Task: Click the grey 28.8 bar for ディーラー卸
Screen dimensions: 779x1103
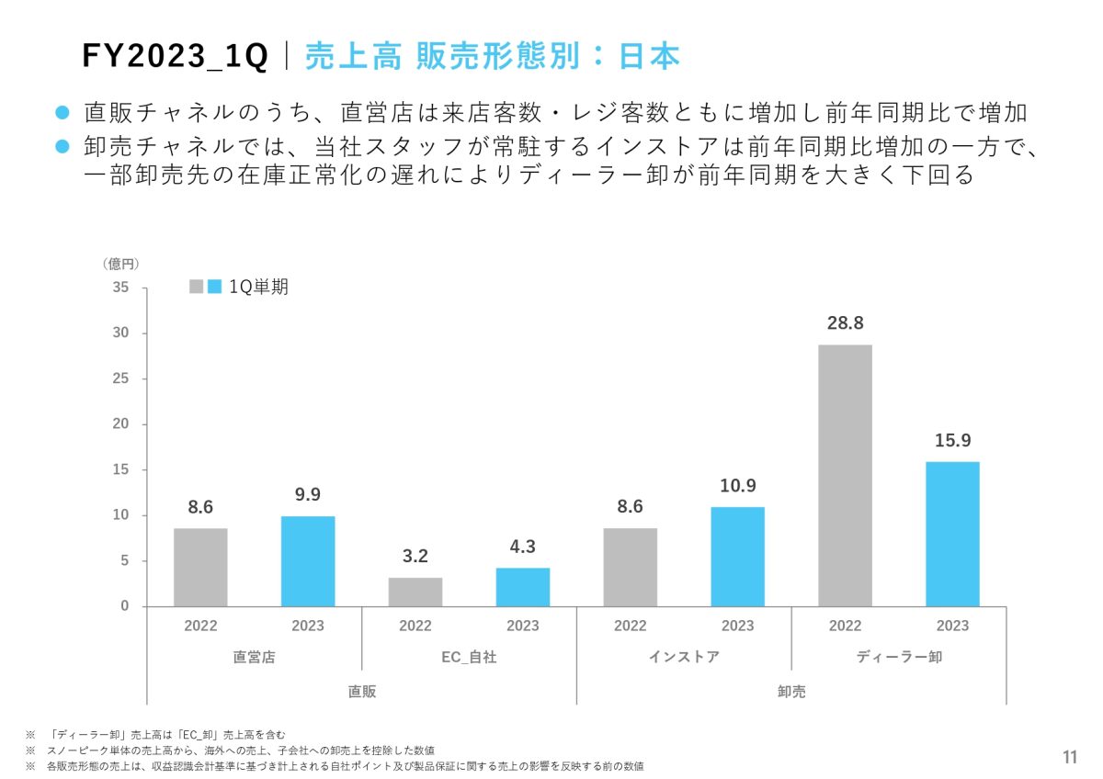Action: point(845,475)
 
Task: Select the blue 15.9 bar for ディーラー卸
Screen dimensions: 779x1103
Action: point(952,534)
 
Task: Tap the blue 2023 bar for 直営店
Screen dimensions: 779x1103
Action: point(308,561)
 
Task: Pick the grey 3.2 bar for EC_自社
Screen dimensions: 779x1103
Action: point(415,592)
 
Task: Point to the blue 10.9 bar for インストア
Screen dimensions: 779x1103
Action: point(737,557)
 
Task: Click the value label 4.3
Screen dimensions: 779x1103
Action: point(523,547)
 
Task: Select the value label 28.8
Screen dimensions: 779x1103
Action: point(845,323)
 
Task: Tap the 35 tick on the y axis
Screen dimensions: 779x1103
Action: point(121,288)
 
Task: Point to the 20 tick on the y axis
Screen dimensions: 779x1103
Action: point(121,424)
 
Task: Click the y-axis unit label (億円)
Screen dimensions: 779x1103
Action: point(121,264)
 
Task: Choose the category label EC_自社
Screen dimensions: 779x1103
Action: point(469,657)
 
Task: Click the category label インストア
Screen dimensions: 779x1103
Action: point(684,657)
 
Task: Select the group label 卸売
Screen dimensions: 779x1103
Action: point(791,692)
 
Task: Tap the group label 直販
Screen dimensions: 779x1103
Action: point(361,692)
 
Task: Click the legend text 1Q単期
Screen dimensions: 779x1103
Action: point(258,287)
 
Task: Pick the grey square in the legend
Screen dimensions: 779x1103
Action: point(197,287)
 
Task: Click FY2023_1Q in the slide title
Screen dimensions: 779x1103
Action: point(175,57)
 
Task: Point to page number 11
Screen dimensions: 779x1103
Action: point(1070,758)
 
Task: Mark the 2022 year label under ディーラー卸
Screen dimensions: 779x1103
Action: point(845,626)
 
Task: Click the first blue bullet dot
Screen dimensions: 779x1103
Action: point(63,113)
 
